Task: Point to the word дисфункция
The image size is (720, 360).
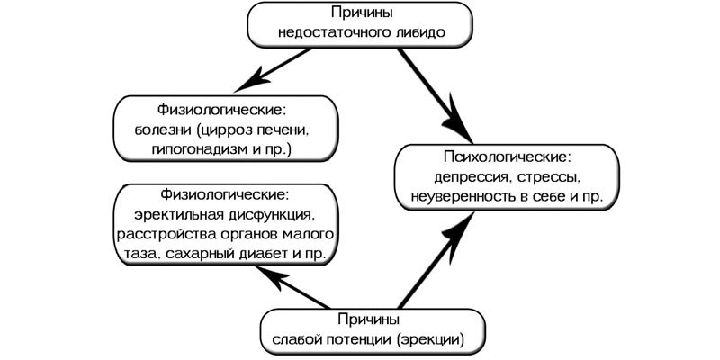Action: pyautogui.click(x=266, y=215)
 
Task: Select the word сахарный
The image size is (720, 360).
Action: pyautogui.click(x=190, y=256)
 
